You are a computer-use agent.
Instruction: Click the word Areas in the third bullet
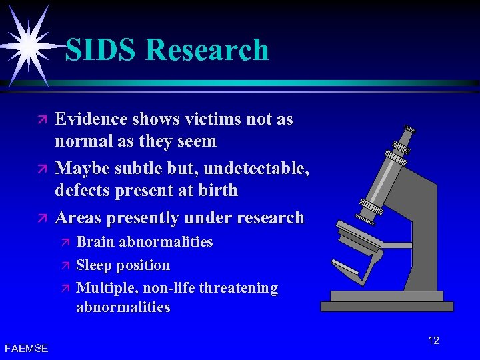[78, 217]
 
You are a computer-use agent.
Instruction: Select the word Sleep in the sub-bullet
[95, 265]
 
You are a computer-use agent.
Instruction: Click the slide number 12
[433, 341]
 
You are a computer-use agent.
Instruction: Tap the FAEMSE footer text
[26, 347]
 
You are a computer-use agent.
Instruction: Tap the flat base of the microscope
[387, 306]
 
